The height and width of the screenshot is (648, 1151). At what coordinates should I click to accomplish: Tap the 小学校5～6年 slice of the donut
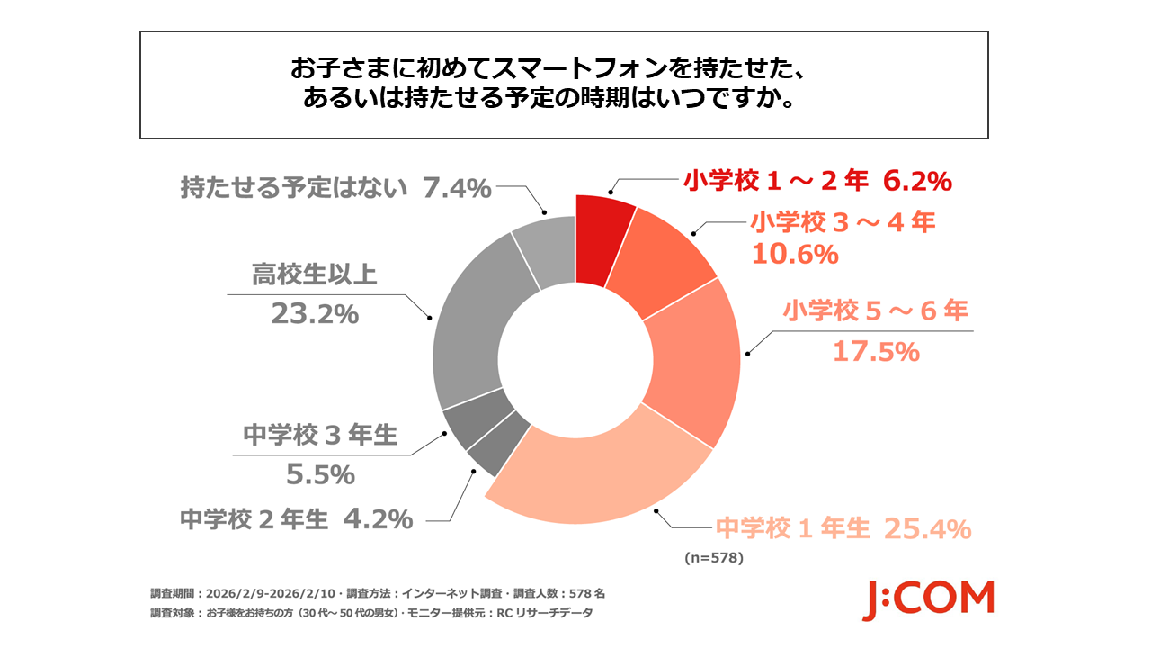click(698, 360)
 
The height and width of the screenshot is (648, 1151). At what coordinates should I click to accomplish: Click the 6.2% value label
click(917, 181)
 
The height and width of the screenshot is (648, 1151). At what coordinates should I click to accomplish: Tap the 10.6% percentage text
click(794, 255)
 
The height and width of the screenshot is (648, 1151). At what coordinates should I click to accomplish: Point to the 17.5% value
click(875, 351)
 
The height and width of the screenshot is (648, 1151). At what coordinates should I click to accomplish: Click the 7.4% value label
click(458, 188)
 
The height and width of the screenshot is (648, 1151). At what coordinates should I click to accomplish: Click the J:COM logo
click(928, 599)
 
